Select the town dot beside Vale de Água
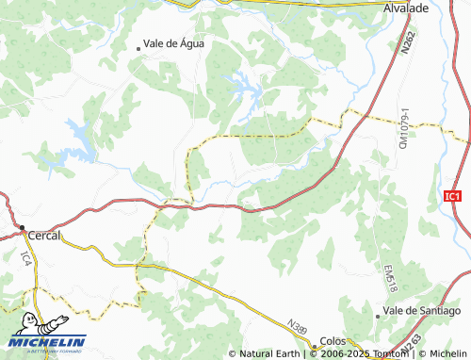coord(138,46)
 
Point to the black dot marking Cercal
coord(22,229)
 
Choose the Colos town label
coord(333,340)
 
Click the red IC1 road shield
coord(453,196)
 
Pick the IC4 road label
coord(25,257)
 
